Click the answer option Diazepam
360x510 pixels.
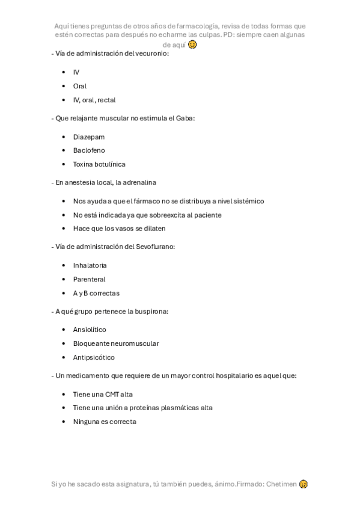click(x=88, y=137)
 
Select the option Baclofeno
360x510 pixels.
click(x=88, y=150)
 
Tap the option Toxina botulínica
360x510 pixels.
click(x=99, y=164)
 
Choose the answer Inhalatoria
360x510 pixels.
click(x=90, y=265)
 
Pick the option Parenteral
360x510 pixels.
click(x=89, y=279)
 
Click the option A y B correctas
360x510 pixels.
click(x=96, y=293)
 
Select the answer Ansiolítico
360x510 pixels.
click(x=90, y=330)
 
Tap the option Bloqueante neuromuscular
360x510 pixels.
click(x=116, y=343)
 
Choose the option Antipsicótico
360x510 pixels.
click(x=94, y=357)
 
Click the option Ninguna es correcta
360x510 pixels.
click(x=105, y=422)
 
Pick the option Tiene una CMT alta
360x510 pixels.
click(x=103, y=394)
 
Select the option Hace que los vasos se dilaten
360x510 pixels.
click(x=119, y=229)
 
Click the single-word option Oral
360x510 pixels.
click(x=80, y=86)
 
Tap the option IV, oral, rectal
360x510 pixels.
click(x=94, y=100)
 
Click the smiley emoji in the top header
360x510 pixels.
click(x=192, y=45)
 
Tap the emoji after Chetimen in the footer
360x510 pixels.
click(x=304, y=484)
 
